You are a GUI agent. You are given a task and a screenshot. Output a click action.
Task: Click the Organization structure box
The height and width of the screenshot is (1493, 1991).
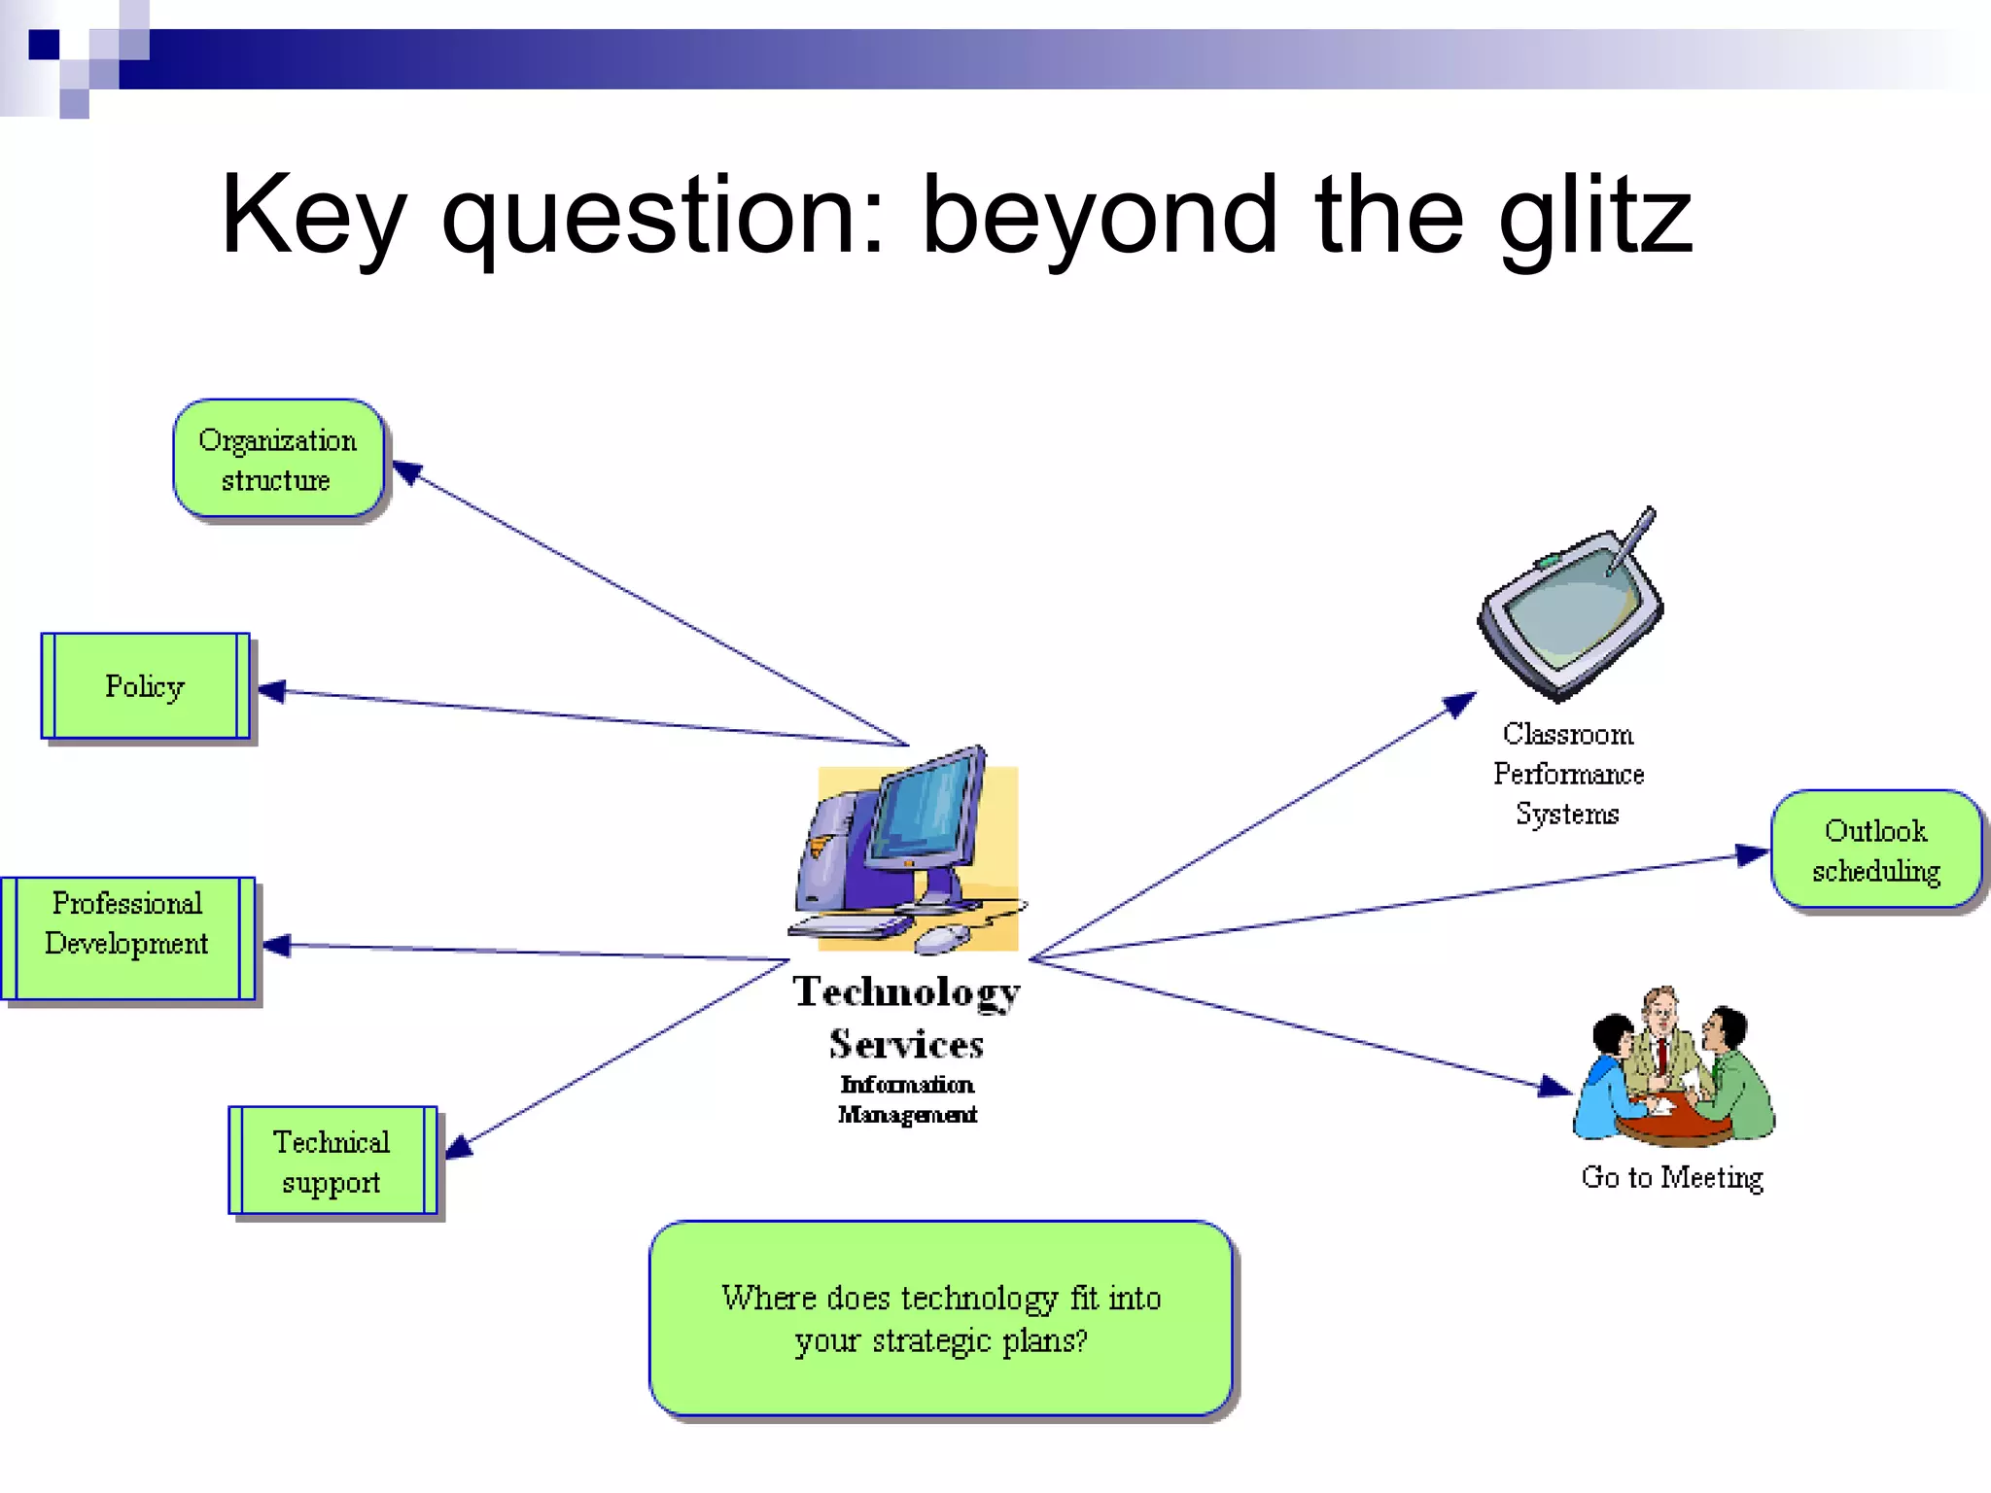coord(278,459)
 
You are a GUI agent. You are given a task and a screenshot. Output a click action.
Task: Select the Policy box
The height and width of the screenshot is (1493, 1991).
coord(145,686)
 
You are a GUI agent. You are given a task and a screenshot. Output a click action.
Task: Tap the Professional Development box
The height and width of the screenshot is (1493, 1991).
coord(127,938)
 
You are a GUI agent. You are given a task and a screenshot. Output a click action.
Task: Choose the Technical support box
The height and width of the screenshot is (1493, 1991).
coord(332,1161)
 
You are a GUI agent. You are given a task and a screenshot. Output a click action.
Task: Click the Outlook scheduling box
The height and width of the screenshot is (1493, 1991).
coord(1875,850)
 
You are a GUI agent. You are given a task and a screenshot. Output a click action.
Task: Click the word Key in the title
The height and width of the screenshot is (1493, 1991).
coord(311,216)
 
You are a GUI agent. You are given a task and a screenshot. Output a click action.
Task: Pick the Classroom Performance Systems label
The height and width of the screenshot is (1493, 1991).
coord(1568,774)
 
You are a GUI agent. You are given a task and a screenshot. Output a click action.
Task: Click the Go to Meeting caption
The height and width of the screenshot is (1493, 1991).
coord(1671,1177)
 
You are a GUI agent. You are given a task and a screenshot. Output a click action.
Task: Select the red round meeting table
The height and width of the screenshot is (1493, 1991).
coord(1674,1128)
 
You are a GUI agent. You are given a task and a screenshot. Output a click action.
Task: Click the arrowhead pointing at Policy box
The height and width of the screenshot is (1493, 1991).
coord(271,691)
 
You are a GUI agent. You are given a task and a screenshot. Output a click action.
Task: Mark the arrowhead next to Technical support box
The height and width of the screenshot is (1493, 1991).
coord(459,1147)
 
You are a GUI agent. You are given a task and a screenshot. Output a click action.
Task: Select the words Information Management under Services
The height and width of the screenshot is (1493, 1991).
coord(907,1098)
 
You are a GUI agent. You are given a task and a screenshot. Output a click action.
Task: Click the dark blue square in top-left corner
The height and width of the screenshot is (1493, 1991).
coord(44,45)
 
